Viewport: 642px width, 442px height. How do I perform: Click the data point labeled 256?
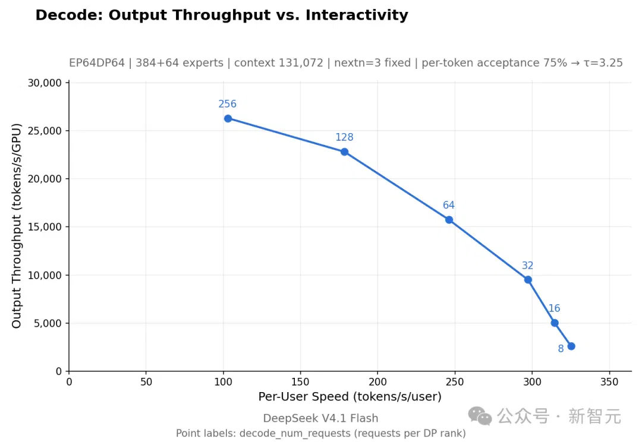pyautogui.click(x=228, y=119)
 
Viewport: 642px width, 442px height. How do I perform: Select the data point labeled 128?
pyautogui.click(x=344, y=152)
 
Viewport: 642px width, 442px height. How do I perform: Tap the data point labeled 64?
pyautogui.click(x=449, y=220)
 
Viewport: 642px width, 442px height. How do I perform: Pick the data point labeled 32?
pyautogui.click(x=528, y=280)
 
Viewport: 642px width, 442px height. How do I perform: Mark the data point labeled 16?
pyautogui.click(x=555, y=323)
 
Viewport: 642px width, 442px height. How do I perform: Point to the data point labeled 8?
pyautogui.click(x=572, y=346)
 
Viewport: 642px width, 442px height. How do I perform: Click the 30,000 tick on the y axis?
pyautogui.click(x=45, y=83)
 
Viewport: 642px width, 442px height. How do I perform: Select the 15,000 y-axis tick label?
pyautogui.click(x=45, y=227)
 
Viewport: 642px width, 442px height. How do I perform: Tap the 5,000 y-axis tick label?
pyautogui.click(x=48, y=323)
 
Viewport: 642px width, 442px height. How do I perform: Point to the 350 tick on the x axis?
pyautogui.click(x=609, y=382)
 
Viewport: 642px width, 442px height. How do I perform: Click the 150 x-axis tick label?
pyautogui.click(x=300, y=382)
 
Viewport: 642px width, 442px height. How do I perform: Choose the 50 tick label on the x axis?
pyautogui.click(x=146, y=382)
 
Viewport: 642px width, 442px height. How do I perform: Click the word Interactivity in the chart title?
pyautogui.click(x=357, y=15)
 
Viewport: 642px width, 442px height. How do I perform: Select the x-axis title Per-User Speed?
pyautogui.click(x=303, y=397)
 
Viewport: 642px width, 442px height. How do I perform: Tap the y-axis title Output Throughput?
pyautogui.click(x=16, y=250)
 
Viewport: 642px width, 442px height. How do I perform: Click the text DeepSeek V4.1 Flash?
pyautogui.click(x=320, y=418)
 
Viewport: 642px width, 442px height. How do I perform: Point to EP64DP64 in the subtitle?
pyautogui.click(x=97, y=62)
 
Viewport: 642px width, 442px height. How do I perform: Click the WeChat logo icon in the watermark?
pyautogui.click(x=480, y=416)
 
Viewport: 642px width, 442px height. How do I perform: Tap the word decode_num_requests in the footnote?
pyautogui.click(x=295, y=434)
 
